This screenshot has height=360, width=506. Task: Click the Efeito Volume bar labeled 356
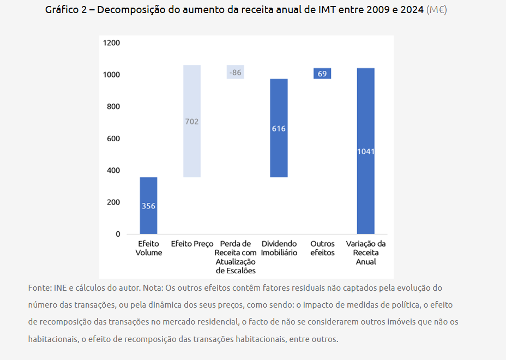tap(148, 206)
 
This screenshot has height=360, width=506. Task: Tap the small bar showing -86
tap(235, 72)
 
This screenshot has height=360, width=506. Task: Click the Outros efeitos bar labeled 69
tap(322, 73)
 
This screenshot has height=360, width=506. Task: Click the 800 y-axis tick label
tap(113, 106)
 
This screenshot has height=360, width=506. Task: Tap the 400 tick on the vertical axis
tap(113, 170)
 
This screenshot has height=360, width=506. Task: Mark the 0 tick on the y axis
tap(117, 234)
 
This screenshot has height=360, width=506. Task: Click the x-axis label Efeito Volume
tap(148, 248)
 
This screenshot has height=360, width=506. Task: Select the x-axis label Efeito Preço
tap(192, 244)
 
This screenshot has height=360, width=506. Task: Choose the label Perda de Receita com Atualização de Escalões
tap(235, 257)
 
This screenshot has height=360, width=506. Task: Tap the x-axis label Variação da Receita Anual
tap(365, 253)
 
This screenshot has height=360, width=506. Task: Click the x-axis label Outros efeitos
tap(322, 248)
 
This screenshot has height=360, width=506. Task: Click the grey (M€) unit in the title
tap(436, 10)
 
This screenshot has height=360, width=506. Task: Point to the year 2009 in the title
tap(371, 10)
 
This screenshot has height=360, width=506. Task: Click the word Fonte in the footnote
tap(39, 287)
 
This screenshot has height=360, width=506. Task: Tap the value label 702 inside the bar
tap(191, 122)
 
